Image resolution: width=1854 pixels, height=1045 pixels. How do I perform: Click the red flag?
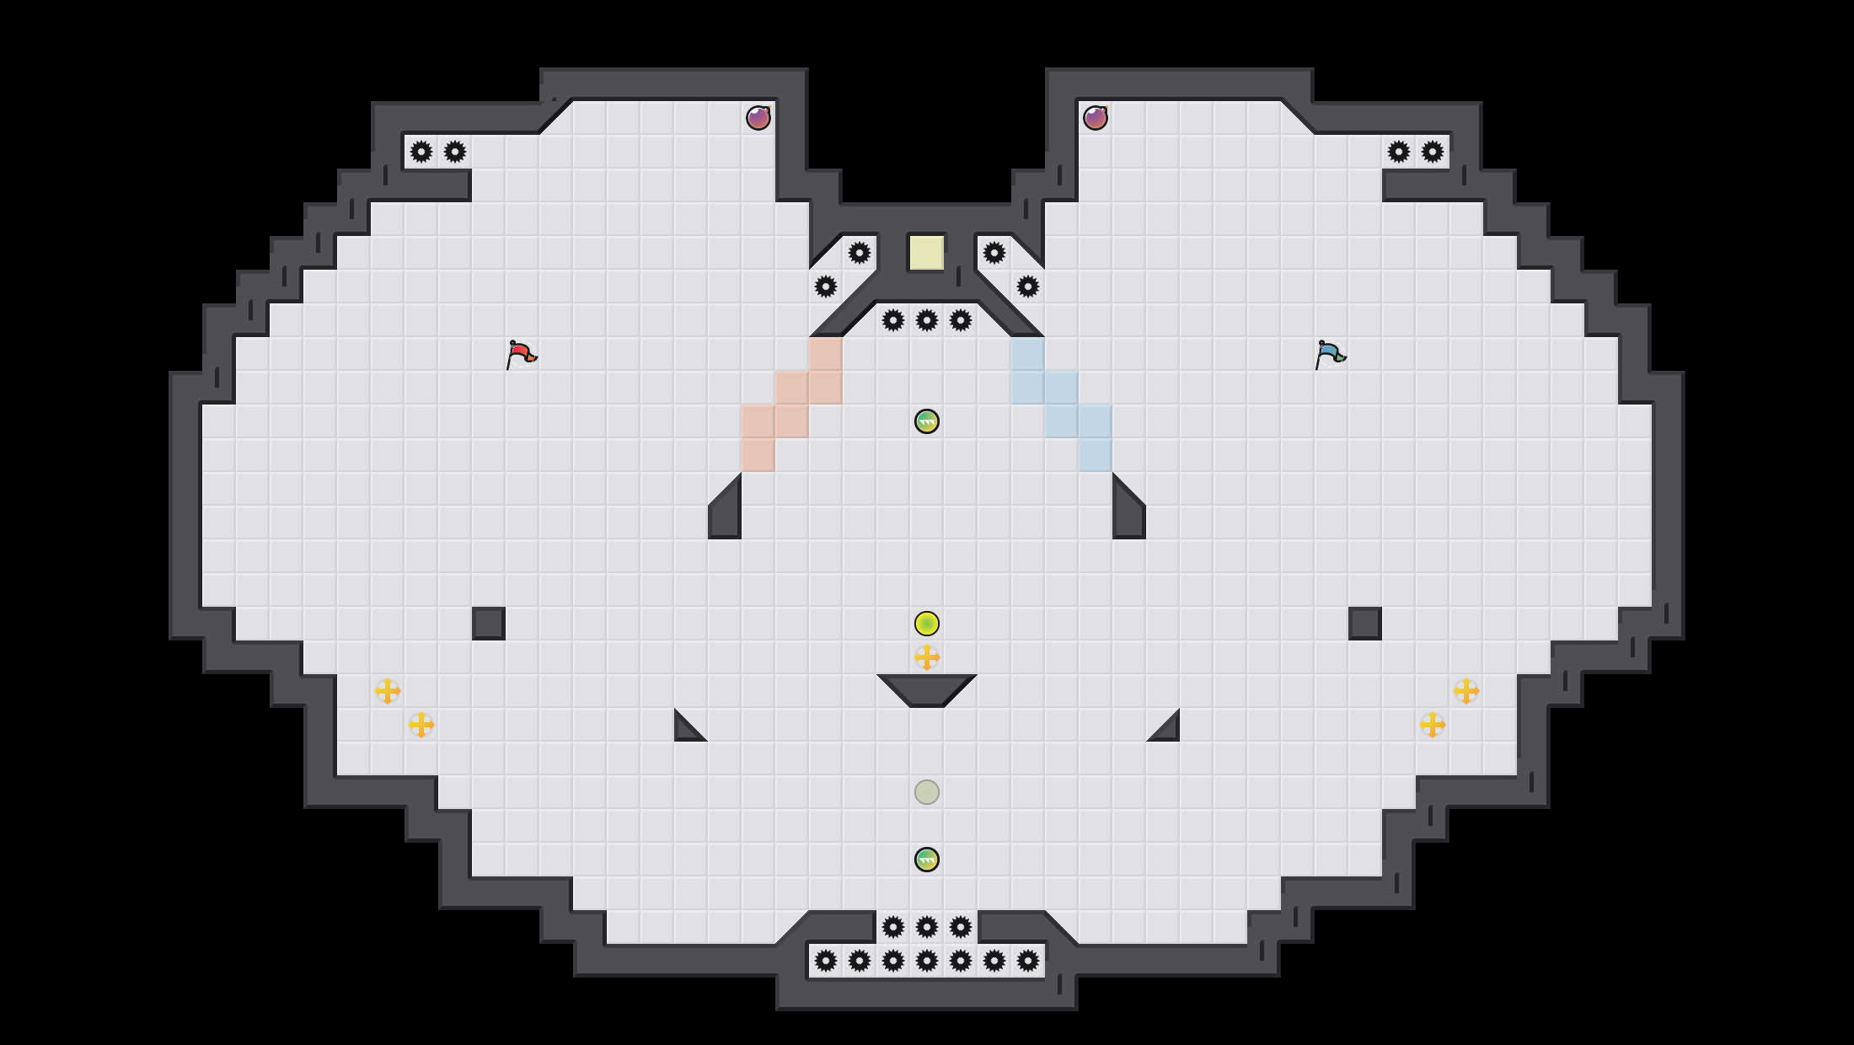pyautogui.click(x=521, y=353)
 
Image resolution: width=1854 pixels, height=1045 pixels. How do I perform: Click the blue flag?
pyautogui.click(x=1330, y=353)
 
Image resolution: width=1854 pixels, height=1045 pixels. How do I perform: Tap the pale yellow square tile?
pyautogui.click(x=926, y=253)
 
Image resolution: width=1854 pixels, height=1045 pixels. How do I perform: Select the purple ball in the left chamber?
pyautogui.click(x=758, y=118)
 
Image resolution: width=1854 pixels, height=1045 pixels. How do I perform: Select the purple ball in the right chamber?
pyautogui.click(x=1096, y=118)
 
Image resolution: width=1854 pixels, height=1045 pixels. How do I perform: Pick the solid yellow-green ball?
pyautogui.click(x=927, y=624)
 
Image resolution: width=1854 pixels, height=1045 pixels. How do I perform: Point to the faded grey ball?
pyautogui.click(x=927, y=792)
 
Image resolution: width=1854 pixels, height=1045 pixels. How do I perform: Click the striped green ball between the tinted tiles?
pyautogui.click(x=927, y=421)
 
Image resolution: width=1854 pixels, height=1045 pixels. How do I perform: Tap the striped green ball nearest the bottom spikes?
pyautogui.click(x=927, y=860)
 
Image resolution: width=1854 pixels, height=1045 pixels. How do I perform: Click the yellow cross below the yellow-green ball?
pyautogui.click(x=927, y=657)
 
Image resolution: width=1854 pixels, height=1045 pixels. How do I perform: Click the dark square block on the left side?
pyautogui.click(x=489, y=624)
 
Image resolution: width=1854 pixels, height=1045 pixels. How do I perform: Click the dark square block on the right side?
pyautogui.click(x=1365, y=624)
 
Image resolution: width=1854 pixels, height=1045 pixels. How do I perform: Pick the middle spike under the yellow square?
pyautogui.click(x=927, y=320)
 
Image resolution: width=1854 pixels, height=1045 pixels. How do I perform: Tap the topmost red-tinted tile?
pyautogui.click(x=826, y=354)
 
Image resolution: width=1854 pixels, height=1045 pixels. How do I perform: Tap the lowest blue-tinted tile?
pyautogui.click(x=1096, y=455)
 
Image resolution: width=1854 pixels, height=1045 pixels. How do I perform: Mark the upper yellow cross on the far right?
pyautogui.click(x=1466, y=691)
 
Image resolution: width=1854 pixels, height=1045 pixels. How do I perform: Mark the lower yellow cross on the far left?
pyautogui.click(x=421, y=725)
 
